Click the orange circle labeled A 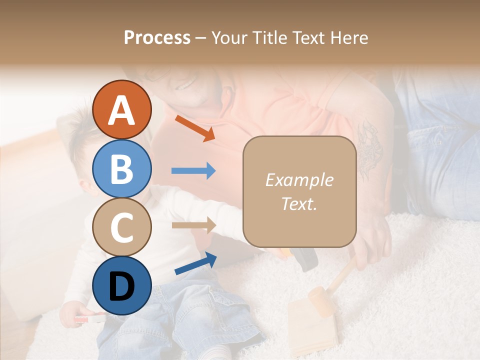click(122, 110)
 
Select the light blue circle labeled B click(122, 169)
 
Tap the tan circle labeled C click(122, 227)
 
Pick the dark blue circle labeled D click(122, 285)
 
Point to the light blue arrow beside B click(193, 171)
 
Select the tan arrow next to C click(193, 225)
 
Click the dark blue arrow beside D click(195, 263)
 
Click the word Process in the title click(157, 37)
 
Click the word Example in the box click(299, 180)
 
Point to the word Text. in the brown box click(299, 203)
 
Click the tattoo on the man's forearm click(370, 150)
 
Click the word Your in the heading click(227, 37)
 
